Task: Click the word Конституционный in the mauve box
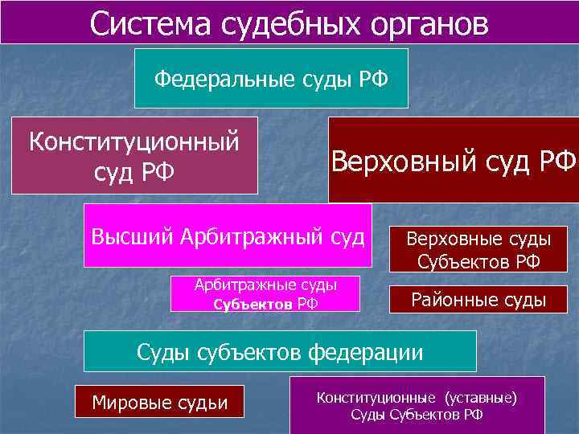(134, 142)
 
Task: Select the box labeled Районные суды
(478, 301)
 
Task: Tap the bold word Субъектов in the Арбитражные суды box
(253, 304)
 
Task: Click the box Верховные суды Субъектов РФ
(478, 249)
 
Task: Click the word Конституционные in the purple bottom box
(373, 397)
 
